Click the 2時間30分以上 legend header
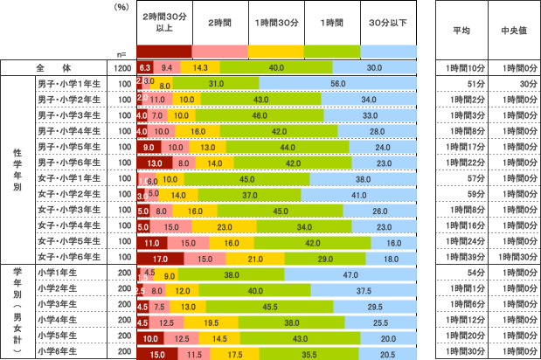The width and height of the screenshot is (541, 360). [x=164, y=23]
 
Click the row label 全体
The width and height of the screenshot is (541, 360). [x=52, y=67]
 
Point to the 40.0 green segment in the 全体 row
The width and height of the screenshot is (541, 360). [x=277, y=67]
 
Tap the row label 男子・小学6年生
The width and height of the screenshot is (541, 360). [x=69, y=162]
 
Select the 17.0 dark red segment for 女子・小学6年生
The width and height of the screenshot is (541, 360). [x=160, y=258]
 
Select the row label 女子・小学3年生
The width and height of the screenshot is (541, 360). [x=69, y=210]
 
